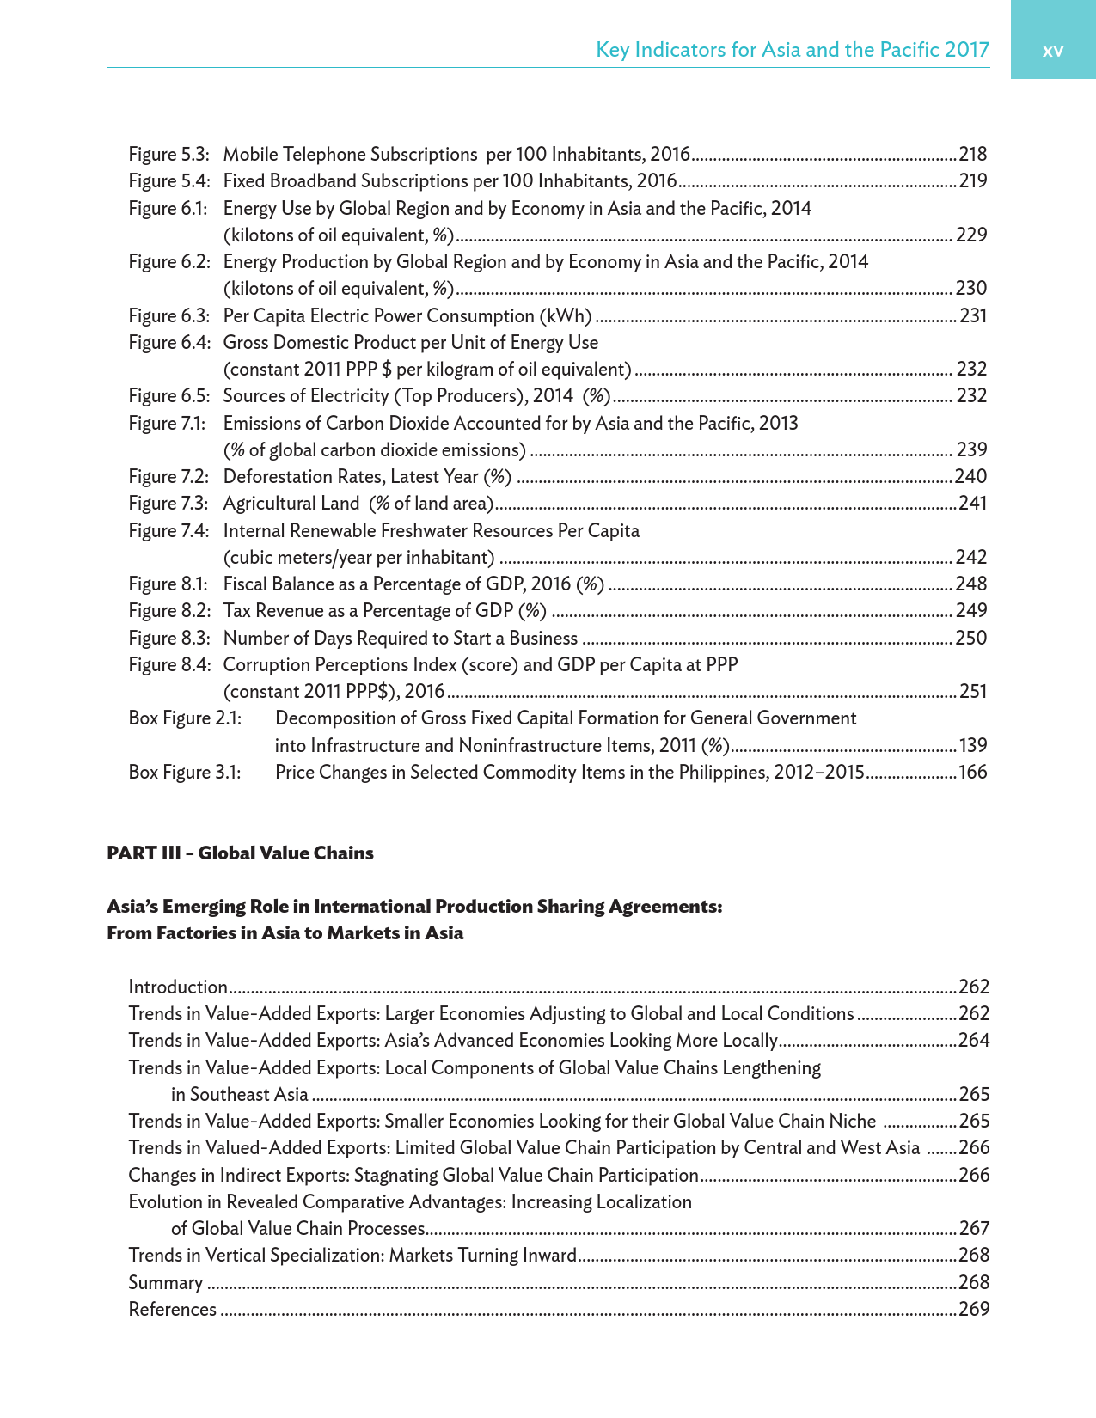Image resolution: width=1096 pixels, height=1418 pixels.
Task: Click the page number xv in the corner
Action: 1052,51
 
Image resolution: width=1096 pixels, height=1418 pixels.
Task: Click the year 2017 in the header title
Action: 966,49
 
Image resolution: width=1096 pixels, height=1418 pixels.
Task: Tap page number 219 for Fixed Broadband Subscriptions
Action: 973,181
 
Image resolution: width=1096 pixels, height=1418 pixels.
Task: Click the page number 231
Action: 973,315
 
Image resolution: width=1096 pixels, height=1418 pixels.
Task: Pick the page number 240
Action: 971,476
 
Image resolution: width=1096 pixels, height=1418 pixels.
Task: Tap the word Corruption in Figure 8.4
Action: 263,664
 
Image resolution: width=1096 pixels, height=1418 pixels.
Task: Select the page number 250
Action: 971,638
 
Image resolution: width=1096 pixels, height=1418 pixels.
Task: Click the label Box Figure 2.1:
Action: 185,718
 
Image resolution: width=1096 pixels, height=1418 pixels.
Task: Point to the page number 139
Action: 973,745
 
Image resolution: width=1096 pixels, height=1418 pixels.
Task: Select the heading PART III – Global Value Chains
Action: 240,853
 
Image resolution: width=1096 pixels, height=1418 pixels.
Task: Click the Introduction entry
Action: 178,987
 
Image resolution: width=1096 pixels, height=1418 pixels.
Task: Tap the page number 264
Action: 974,1041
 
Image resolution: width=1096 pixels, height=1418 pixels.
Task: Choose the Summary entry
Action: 165,1282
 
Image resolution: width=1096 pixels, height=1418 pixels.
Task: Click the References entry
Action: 172,1309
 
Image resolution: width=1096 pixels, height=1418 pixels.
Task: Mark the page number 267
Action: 974,1228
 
